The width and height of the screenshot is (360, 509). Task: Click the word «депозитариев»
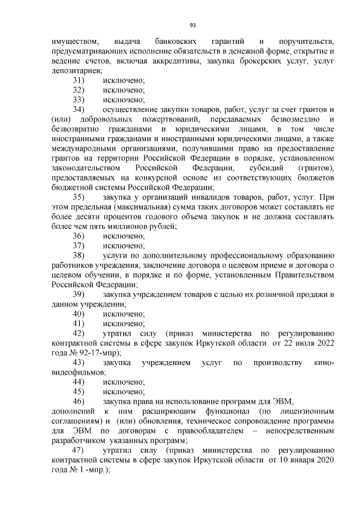[76, 71]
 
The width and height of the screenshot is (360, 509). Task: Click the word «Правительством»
[304, 274]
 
